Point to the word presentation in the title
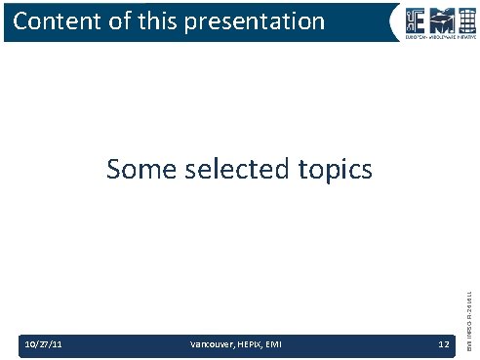pyautogui.click(x=257, y=21)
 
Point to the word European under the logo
pyautogui.click(x=402, y=38)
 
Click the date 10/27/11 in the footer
pyautogui.click(x=44, y=343)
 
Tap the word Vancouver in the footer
pyautogui.click(x=208, y=343)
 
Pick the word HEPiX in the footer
pyautogui.click(x=245, y=343)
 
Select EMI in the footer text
pyautogui.click(x=269, y=343)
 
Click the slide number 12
pyautogui.click(x=443, y=343)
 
